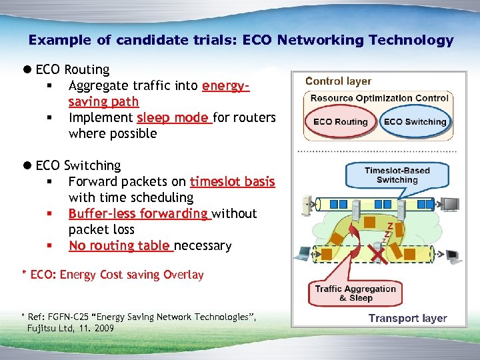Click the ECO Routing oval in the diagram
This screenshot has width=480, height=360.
341,122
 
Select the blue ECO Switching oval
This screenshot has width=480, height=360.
415,122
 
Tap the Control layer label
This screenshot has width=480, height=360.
338,81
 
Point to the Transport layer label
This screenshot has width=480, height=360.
407,318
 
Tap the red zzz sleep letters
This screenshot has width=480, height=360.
386,232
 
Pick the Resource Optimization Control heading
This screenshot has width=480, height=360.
379,98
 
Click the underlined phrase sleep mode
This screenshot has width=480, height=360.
173,118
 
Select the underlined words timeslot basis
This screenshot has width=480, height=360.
232,182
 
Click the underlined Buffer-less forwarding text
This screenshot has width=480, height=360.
139,214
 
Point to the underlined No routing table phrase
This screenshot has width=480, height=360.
120,246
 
